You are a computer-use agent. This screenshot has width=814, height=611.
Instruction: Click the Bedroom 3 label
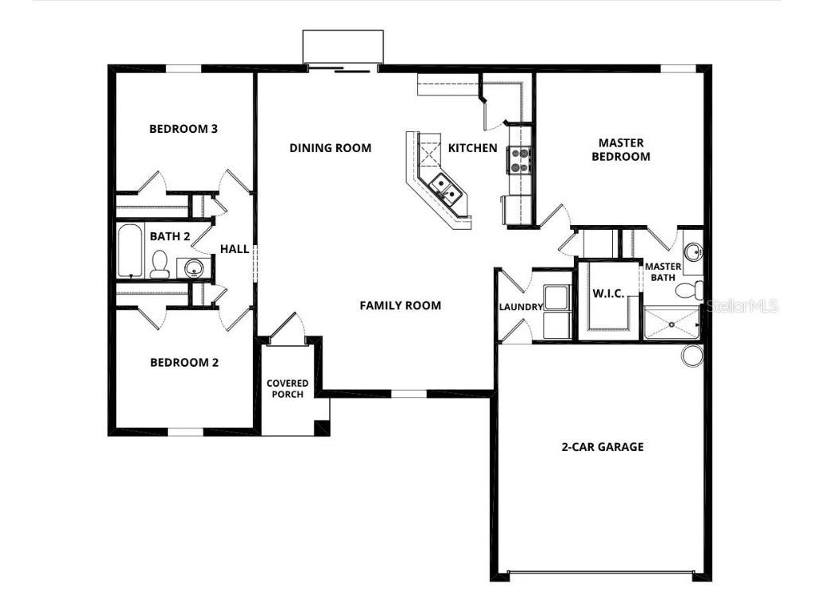tap(184, 129)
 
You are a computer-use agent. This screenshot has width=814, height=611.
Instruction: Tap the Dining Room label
tap(330, 148)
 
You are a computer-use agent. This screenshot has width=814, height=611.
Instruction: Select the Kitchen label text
tap(473, 148)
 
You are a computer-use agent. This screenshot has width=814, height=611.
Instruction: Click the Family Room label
tap(400, 305)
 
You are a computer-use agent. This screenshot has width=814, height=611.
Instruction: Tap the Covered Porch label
tap(287, 389)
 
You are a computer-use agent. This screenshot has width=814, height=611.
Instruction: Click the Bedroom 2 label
tap(184, 363)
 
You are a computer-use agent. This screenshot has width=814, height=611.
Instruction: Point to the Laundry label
tap(521, 307)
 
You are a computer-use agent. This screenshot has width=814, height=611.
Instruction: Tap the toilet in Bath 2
tap(160, 264)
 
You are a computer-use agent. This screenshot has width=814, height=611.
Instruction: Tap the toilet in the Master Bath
tap(688, 290)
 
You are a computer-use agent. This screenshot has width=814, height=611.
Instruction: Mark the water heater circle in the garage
tap(692, 356)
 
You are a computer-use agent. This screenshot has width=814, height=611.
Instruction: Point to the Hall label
tap(235, 249)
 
